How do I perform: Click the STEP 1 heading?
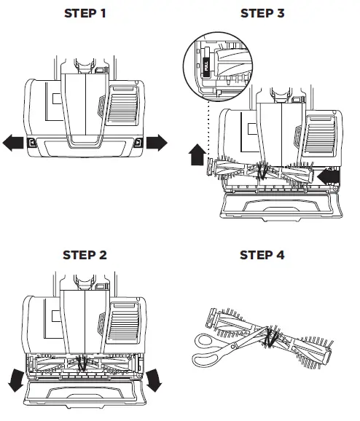(85, 14)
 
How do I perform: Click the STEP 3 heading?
(263, 14)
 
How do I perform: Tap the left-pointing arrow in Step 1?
(13, 143)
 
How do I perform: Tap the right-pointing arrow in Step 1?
(157, 142)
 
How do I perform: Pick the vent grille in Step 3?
(317, 141)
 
